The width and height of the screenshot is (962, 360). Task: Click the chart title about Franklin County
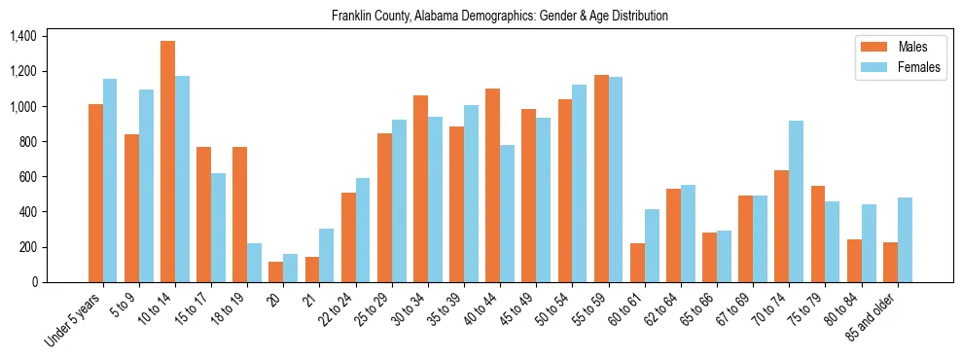[x=499, y=16]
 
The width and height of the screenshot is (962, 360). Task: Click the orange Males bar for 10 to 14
[x=167, y=162]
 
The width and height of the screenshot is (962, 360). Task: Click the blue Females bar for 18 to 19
[x=254, y=263]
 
